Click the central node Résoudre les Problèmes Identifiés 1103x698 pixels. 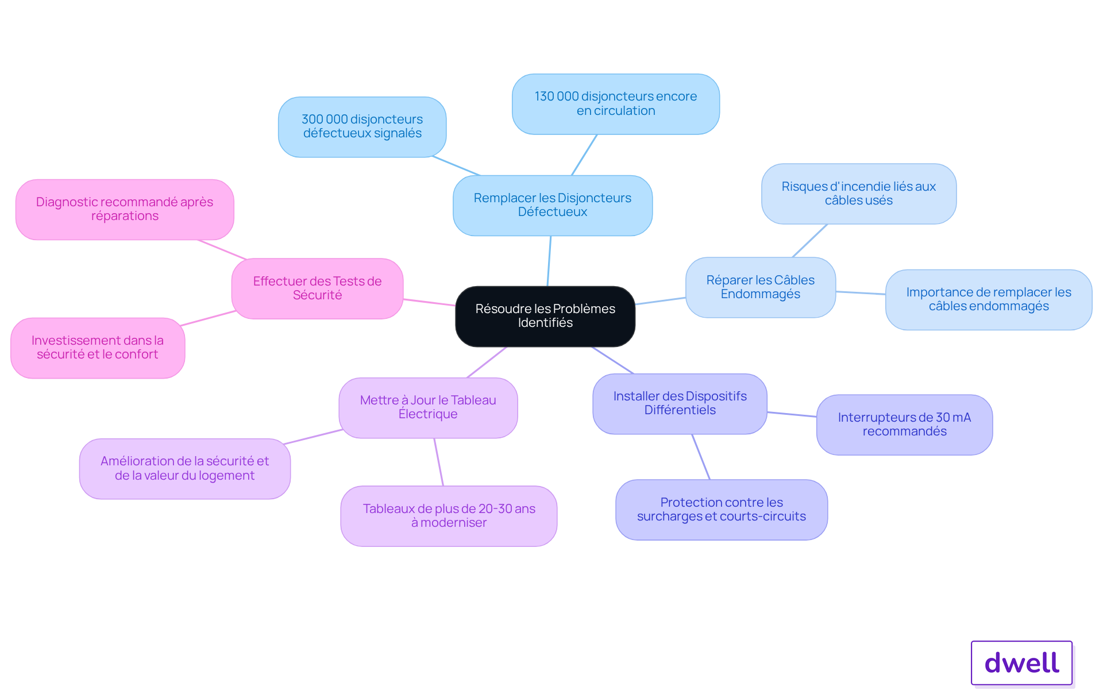coord(545,316)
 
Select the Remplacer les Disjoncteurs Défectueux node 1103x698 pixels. coord(553,205)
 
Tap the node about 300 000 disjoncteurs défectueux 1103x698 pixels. coord(362,126)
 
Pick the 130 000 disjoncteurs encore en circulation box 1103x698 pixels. coord(616,104)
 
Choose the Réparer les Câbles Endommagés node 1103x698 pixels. coord(761,287)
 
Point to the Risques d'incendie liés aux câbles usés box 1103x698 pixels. coord(859,194)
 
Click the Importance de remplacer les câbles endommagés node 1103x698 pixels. coord(989,299)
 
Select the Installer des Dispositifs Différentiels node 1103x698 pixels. coord(680,404)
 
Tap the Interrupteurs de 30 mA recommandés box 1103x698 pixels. coord(905,425)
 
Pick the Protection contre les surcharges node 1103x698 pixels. coord(722,510)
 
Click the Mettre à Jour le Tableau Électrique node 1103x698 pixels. coord(428,408)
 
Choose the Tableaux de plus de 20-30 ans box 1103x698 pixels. coord(449,516)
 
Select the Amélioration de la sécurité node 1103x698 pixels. coord(185,469)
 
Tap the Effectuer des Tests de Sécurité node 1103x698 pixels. coord(318,288)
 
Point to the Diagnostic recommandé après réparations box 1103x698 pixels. coord(125,209)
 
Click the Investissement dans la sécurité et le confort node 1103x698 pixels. coord(98,348)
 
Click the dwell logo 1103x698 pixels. coord(1022,663)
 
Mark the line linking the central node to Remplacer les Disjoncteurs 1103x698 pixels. coord(549,261)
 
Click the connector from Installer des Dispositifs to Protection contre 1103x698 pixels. coord(701,457)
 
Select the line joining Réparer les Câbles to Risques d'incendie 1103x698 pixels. coord(810,241)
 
